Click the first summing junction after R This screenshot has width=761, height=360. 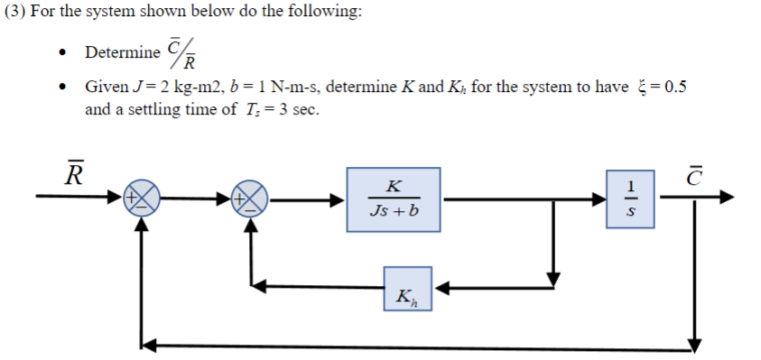tap(141, 198)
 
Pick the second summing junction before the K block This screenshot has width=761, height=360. tap(252, 198)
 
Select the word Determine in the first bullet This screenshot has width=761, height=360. tap(123, 51)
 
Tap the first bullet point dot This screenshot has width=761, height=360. tap(61, 52)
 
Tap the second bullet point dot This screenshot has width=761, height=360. tap(61, 88)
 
